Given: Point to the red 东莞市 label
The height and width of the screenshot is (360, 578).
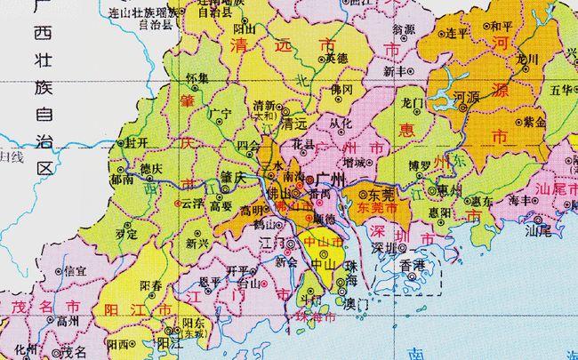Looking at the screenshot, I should click(376, 207).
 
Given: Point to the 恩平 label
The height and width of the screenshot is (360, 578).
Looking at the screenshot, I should click(211, 282).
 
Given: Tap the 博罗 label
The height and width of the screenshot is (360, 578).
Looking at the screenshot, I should click(419, 165).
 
